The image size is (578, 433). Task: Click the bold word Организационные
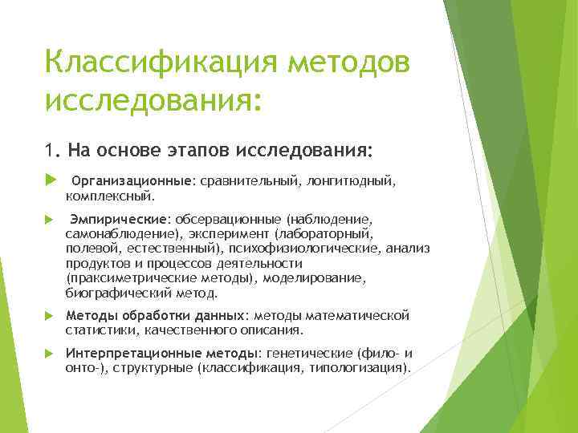coord(132,181)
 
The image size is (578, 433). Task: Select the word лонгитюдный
coord(352,181)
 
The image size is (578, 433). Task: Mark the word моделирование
coord(315,277)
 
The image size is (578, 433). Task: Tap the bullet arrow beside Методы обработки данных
coord(49,315)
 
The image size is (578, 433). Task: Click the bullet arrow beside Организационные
coord(49,181)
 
